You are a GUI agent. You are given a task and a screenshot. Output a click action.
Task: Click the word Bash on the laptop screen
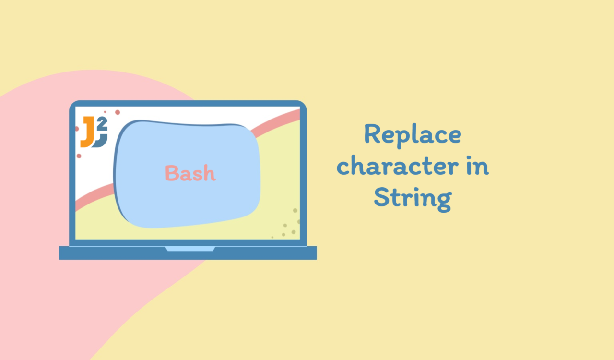point(190,173)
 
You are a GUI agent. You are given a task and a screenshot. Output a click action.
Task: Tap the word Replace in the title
point(413,135)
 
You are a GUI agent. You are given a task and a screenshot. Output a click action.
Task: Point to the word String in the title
point(413,198)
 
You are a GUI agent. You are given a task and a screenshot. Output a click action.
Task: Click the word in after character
point(477,166)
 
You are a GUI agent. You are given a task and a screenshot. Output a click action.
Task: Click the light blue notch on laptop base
point(190,249)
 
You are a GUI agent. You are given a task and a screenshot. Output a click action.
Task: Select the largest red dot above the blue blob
point(118,112)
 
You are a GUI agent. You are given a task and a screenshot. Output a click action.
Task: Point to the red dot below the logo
point(79,156)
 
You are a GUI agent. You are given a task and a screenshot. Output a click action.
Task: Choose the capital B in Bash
point(171,173)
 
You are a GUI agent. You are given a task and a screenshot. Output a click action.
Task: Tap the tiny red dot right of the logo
point(105,112)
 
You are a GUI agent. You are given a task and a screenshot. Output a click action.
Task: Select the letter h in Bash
point(209,173)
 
